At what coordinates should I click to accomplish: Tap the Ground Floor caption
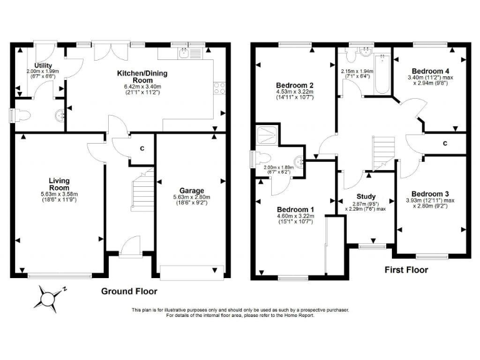(129, 291)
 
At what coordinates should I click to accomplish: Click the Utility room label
(42, 65)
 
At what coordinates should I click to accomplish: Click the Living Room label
(59, 184)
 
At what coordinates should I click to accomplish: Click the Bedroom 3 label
(427, 194)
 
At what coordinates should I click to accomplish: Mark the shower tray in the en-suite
(267, 134)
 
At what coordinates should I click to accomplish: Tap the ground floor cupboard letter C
(142, 148)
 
